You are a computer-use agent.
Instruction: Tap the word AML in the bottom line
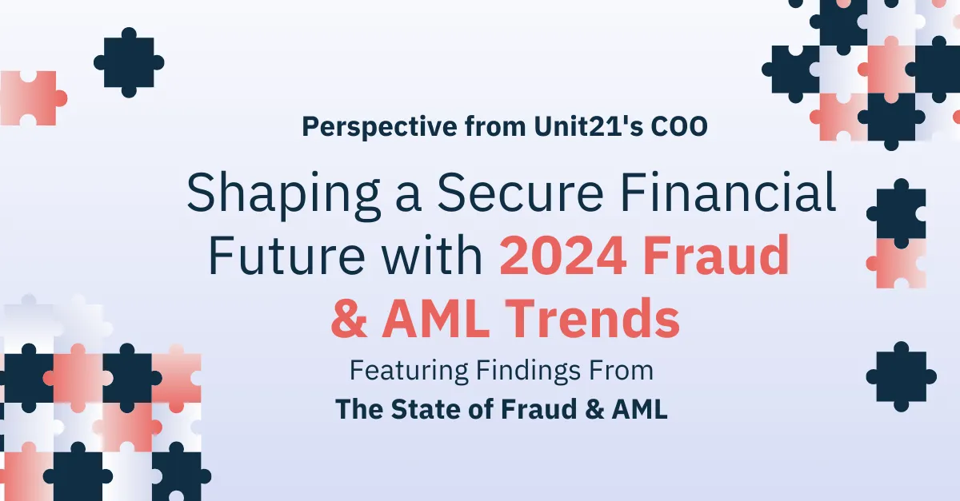(x=641, y=408)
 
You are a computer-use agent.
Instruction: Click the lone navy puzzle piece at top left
(x=129, y=62)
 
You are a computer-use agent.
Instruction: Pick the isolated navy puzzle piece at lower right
(x=902, y=376)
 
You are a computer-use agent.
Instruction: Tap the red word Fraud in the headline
(x=723, y=257)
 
